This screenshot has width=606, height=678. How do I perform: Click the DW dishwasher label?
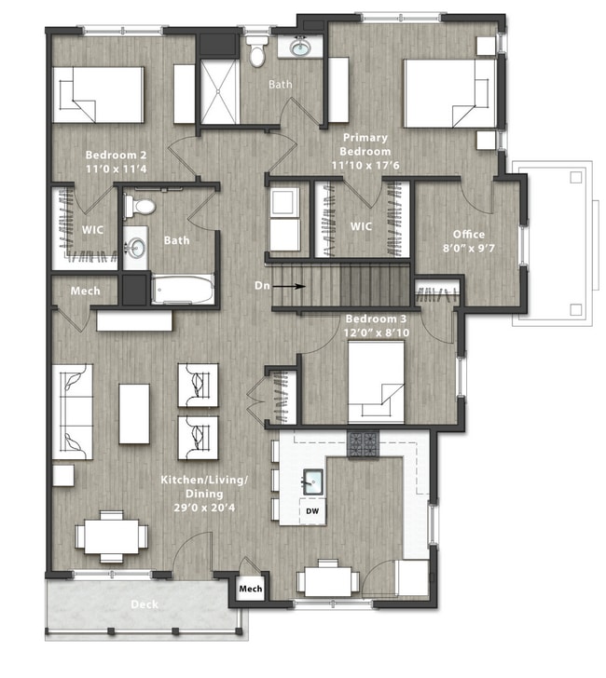(312, 511)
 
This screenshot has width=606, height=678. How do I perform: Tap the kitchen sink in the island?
(312, 481)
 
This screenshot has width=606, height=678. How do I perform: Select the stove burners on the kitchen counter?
(364, 444)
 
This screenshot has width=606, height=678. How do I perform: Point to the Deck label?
(145, 604)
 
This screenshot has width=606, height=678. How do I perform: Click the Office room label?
(469, 235)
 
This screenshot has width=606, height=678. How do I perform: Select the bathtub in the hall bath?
(182, 290)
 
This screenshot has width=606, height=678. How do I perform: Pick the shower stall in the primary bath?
(219, 91)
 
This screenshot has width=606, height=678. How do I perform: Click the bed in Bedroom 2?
(98, 95)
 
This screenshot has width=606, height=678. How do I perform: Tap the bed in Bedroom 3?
(376, 383)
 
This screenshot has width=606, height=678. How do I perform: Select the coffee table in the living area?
(134, 414)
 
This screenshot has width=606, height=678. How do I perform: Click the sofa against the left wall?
(73, 412)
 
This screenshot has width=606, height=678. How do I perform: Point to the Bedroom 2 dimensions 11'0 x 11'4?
(116, 169)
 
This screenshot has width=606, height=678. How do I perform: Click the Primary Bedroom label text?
(365, 144)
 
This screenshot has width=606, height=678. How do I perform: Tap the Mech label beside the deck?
(251, 589)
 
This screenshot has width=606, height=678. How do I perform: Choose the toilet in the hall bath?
(140, 206)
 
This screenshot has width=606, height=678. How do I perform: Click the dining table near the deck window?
(112, 537)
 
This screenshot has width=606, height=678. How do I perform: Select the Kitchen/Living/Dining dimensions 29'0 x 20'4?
(204, 508)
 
